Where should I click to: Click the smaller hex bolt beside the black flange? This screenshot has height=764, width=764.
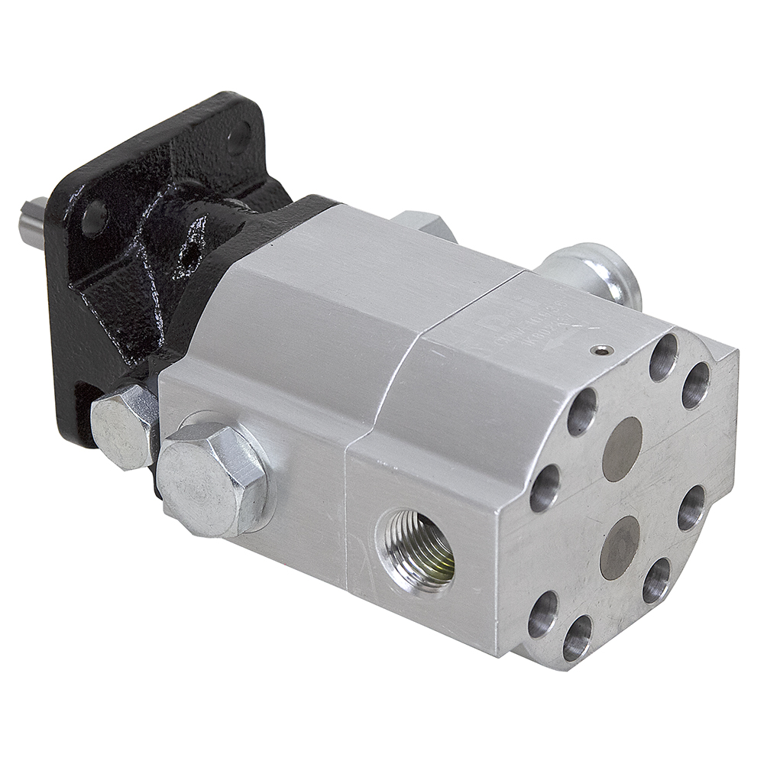pos(123,424)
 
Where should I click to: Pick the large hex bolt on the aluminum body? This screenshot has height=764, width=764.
pos(212,477)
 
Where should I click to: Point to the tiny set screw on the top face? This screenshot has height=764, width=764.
pos(604,351)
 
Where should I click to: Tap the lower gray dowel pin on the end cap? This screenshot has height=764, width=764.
pos(620,547)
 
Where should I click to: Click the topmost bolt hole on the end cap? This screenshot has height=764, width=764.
pos(663,358)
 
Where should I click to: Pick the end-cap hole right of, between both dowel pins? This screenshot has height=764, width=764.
pos(691,507)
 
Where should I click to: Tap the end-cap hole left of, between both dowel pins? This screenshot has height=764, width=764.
pos(545,487)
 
